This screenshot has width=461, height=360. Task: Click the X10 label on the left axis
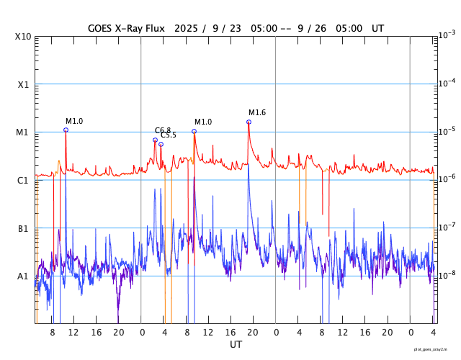[x=23, y=36]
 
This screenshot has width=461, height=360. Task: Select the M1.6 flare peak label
[x=257, y=113]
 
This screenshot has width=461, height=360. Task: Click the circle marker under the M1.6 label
[x=249, y=122]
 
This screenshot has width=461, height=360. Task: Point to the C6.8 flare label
[x=163, y=130]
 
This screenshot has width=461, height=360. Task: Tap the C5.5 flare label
[x=169, y=135]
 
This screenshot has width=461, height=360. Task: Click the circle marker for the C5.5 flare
[x=161, y=144]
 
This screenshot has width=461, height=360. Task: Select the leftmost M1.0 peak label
[x=74, y=121]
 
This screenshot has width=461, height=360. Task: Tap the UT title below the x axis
[x=236, y=345]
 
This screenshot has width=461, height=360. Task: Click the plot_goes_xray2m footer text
[x=436, y=349]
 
